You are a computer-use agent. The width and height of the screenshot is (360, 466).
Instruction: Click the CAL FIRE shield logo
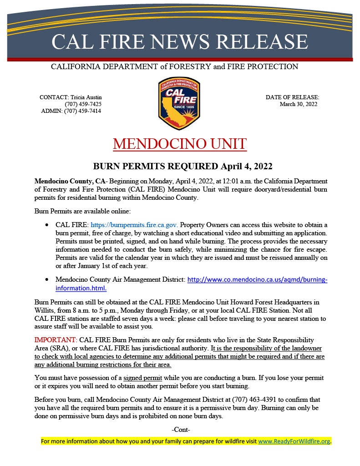coord(179,103)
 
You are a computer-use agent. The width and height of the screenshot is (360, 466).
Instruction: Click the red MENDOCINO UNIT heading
coord(180,144)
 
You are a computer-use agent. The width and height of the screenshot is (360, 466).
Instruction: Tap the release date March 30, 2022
coord(298,104)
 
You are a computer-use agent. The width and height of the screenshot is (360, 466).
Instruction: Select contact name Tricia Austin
coord(86,97)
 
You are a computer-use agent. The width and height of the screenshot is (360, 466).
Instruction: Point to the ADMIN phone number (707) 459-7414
coord(83,111)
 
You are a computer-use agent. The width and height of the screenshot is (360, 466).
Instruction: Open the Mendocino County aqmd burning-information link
coord(257,279)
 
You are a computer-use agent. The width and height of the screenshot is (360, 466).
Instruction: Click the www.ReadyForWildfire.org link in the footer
coord(294,441)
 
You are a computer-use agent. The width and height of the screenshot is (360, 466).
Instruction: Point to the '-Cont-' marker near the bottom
coord(181,430)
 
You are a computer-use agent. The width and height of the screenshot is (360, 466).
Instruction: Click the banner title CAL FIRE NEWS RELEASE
coord(180,41)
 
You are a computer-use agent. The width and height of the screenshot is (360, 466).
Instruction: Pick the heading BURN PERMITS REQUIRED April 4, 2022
coord(180,166)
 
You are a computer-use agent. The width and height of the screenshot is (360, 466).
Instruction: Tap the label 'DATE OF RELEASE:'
coord(292,97)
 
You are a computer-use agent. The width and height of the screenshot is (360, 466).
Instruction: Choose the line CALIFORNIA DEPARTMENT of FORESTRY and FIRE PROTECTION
coord(174,67)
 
